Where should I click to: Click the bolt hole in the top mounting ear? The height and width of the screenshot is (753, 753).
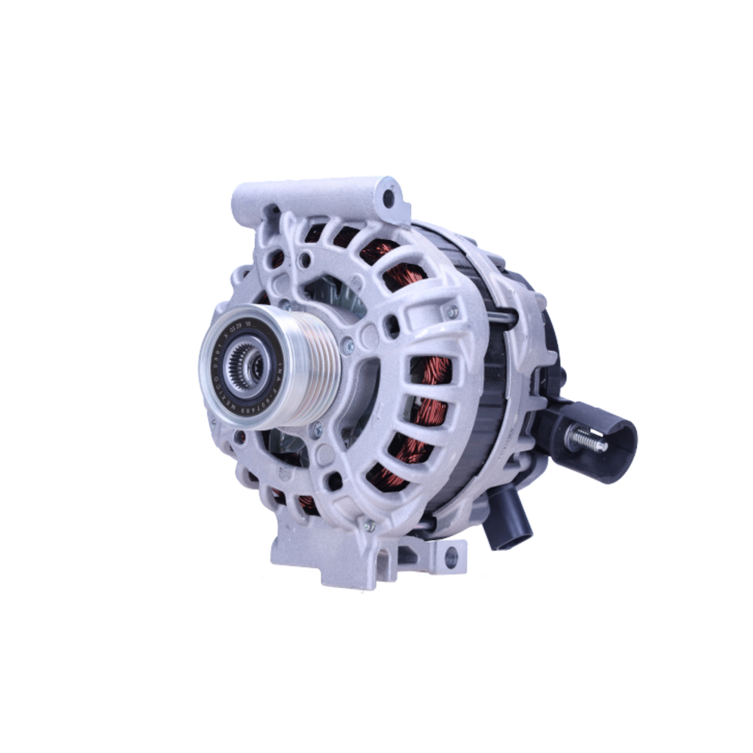tap(389, 200)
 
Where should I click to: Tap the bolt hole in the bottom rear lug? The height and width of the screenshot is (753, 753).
tap(450, 558)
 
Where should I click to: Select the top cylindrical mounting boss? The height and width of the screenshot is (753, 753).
tap(316, 197)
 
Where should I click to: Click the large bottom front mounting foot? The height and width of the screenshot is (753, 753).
tap(324, 553)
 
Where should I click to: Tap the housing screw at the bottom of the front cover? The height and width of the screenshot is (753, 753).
tap(368, 526)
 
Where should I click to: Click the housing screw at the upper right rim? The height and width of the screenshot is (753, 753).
tap(452, 311)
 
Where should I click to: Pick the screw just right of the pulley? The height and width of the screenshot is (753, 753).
tap(347, 347)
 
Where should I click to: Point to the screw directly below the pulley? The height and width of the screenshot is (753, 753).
tap(316, 431)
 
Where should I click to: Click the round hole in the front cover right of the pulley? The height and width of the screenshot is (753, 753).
tap(391, 326)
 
